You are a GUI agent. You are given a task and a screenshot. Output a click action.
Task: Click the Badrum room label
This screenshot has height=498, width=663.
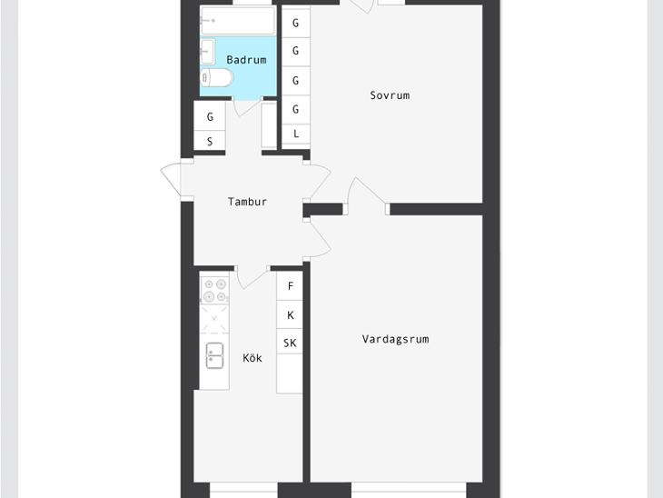point(246,60)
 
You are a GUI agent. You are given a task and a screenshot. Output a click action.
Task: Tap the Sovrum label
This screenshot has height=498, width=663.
point(390,95)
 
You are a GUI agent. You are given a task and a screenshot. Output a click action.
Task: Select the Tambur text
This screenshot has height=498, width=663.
point(247,202)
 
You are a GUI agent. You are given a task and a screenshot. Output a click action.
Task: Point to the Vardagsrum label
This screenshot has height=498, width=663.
point(395,339)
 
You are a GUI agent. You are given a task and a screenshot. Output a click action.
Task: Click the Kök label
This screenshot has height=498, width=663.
point(252,357)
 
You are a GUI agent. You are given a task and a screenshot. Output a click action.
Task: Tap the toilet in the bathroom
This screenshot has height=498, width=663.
point(216,78)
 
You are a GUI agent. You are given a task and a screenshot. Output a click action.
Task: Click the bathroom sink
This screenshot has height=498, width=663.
point(208,52)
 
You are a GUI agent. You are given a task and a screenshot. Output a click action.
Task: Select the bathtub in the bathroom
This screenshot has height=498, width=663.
point(238,20)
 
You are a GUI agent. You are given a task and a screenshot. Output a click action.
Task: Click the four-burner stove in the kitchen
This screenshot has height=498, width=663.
point(214,290)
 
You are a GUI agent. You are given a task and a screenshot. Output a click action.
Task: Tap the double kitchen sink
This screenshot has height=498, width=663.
point(215,355)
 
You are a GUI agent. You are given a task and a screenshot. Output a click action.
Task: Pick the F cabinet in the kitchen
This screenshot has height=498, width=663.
point(290,286)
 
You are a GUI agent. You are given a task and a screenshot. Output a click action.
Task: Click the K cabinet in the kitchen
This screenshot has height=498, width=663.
point(290,314)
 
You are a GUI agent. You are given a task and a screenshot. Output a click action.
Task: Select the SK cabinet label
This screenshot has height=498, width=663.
point(290,343)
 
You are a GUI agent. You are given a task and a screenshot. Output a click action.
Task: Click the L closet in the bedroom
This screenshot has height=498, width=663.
point(296,134)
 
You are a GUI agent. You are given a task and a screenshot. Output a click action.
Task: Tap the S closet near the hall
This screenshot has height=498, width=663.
point(210,141)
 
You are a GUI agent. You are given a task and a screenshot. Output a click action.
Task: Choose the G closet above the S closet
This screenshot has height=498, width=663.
point(210,116)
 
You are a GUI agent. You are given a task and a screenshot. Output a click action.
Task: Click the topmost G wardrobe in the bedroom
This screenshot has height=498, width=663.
point(296,23)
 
